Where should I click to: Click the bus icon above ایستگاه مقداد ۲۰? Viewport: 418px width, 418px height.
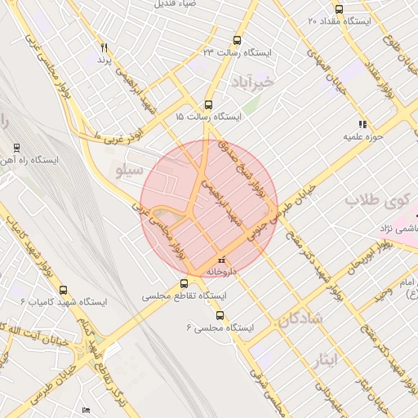coord(339,9)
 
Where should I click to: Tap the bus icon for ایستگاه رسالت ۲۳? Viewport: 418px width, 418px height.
coord(237,40)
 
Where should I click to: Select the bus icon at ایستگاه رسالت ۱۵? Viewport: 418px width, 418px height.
coord(208,104)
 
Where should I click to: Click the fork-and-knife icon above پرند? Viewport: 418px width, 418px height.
coord(104,48)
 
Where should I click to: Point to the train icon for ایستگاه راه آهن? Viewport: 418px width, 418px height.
coord(16,148)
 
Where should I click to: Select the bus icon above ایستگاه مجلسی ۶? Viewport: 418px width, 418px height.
coord(219,315)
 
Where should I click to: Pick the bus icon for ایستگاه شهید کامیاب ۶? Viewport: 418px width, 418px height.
coord(64,290)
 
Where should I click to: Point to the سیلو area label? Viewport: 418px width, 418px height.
coord(131,171)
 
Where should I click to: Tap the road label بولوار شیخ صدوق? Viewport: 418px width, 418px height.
coord(242,165)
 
